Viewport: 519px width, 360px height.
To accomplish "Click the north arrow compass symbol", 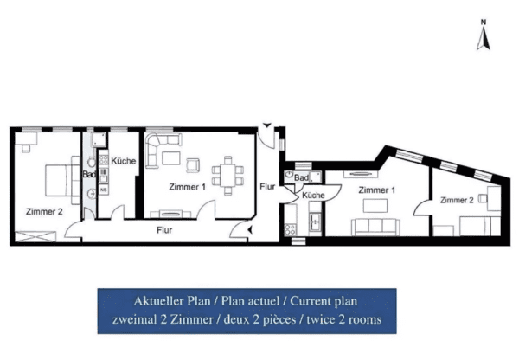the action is click(484, 35).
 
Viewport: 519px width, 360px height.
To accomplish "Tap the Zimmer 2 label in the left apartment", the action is click(44, 212).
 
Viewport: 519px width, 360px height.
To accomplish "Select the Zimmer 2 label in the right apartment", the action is click(457, 200).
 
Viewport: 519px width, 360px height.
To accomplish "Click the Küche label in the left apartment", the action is click(124, 161).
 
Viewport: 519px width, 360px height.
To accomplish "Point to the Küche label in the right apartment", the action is click(313, 196).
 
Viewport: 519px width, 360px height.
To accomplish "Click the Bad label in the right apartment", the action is click(301, 178).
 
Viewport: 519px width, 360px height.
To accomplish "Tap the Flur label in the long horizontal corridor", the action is click(164, 230).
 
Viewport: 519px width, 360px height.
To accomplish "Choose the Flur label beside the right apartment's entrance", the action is click(267, 187).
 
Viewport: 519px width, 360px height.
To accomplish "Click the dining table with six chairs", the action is click(227, 176).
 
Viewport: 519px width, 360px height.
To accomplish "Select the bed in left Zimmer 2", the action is click(62, 180).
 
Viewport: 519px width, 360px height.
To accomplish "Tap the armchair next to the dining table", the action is click(193, 165).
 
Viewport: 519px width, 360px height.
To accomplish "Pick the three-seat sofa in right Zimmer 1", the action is click(375, 227).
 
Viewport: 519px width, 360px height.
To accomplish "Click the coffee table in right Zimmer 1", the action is click(375, 205).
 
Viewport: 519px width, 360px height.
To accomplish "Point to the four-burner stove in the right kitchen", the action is click(291, 229).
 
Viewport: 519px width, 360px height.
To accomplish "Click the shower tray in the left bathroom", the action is click(99, 139).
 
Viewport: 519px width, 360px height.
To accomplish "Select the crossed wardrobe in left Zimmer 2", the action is click(35, 236).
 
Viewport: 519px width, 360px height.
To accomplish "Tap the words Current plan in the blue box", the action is click(324, 301).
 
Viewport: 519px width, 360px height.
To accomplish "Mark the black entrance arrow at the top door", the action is click(267, 125).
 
